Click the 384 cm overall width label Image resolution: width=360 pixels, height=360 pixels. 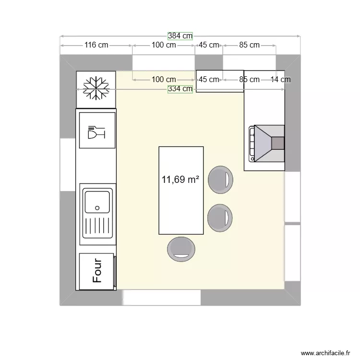click(x=180, y=36)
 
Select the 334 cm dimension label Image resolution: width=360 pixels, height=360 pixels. click(x=180, y=89)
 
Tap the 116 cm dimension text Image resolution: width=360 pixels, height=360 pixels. click(x=96, y=45)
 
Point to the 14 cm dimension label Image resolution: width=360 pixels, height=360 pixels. click(x=280, y=80)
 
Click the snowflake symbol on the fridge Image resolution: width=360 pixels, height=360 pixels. click(x=96, y=89)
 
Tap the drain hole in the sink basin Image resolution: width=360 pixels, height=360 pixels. click(x=97, y=208)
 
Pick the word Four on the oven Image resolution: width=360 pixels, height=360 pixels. click(x=97, y=270)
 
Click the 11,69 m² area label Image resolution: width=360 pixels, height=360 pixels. click(x=180, y=180)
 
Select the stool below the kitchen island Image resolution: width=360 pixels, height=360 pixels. click(x=181, y=249)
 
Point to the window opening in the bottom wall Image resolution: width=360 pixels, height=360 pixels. click(x=162, y=298)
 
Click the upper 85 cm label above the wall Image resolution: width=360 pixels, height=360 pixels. click(x=249, y=45)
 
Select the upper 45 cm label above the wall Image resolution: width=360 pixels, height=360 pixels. click(x=209, y=45)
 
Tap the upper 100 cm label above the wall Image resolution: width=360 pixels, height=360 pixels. click(x=163, y=45)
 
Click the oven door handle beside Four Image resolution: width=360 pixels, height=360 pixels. click(x=115, y=272)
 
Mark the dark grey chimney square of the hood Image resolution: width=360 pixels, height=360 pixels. click(x=277, y=143)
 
